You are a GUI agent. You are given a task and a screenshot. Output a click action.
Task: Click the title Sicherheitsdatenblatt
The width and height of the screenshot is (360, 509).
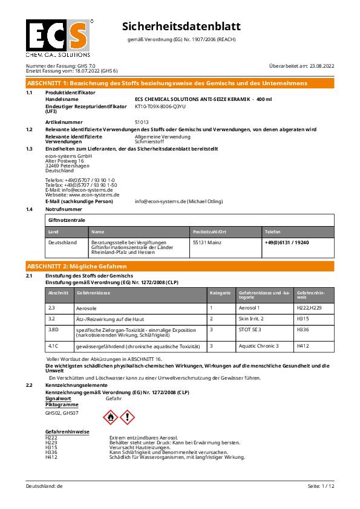(x=182, y=27)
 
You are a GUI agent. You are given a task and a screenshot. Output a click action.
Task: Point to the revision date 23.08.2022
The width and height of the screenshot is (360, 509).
(x=321, y=65)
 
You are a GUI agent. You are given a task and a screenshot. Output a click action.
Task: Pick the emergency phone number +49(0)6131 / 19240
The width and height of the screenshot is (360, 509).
(x=287, y=242)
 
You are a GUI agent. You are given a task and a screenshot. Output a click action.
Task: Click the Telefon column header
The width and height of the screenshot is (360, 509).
(x=272, y=232)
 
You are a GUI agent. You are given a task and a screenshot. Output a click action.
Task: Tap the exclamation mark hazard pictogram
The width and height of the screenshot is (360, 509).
(x=127, y=417)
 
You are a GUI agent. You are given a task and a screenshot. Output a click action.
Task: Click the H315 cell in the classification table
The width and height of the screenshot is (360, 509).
(x=303, y=318)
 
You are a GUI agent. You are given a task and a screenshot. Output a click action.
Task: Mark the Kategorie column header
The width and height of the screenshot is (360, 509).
(x=220, y=293)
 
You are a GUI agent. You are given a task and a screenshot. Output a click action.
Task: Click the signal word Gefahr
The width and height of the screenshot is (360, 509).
(x=114, y=400)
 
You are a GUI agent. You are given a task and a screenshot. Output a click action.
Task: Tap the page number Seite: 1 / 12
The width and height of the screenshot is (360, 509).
(x=321, y=486)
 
